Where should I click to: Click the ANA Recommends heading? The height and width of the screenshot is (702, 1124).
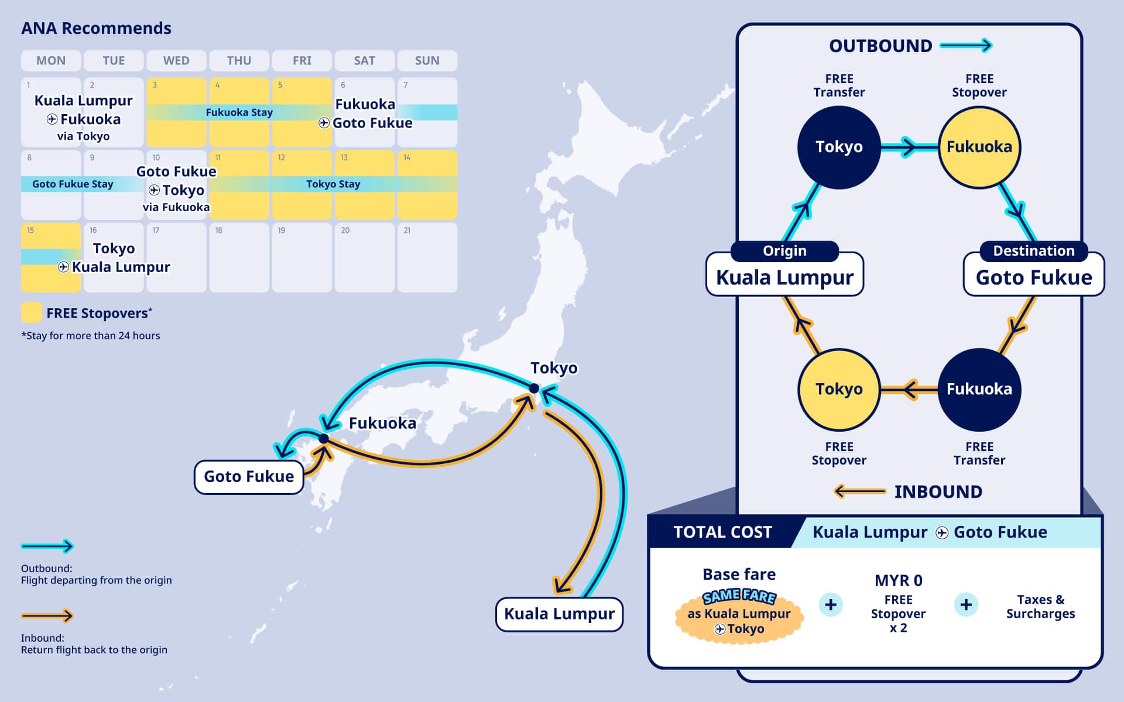coord(96,28)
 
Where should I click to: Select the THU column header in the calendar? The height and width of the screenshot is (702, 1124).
coord(239,60)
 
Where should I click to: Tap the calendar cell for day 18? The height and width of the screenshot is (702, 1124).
coord(239,257)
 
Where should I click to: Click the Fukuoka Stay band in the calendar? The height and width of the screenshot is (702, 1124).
coord(239,112)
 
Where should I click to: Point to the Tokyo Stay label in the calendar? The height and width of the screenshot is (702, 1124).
coord(333,184)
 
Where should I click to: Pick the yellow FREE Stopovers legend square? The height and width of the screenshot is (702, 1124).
coord(31,312)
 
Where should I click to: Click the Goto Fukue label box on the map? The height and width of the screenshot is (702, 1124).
coord(249,477)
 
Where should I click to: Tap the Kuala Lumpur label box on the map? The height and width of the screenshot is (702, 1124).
coord(559,614)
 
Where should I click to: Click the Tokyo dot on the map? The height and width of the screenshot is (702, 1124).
coord(534,388)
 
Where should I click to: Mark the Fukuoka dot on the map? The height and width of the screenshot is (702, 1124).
coord(324,439)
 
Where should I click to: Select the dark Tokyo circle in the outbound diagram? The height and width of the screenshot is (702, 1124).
coord(839,147)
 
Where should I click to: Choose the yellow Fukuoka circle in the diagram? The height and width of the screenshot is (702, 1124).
coord(979,147)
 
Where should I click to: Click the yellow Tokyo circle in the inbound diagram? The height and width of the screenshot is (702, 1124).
coord(839,389)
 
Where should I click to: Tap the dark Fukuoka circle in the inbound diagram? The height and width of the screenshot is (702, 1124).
coord(979,389)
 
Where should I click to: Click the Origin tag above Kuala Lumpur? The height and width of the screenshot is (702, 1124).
coord(784,251)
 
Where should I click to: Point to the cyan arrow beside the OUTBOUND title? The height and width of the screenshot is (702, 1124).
coord(966,46)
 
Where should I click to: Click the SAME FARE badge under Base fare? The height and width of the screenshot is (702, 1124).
coord(739,597)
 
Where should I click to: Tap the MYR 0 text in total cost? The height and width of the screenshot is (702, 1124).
coord(898,580)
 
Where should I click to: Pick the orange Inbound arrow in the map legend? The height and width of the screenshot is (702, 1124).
coord(47,615)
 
